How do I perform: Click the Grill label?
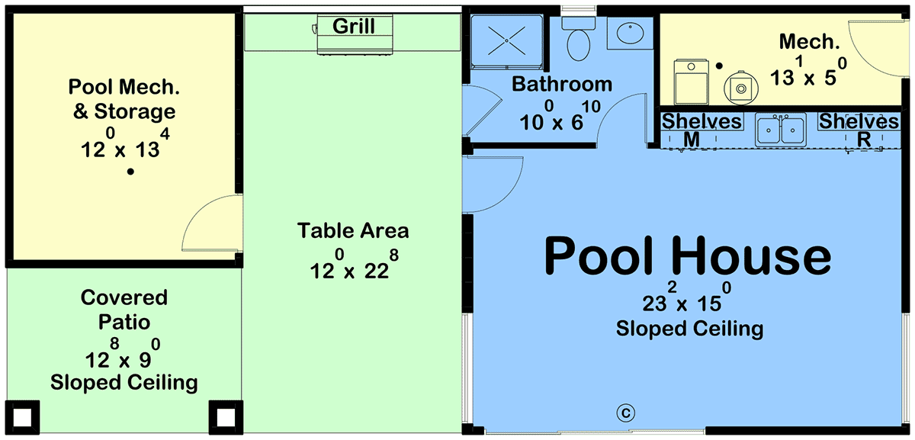pos(353,27)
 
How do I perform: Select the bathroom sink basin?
pos(630,32)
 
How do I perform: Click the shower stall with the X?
pos(506,41)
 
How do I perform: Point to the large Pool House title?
pos(688,255)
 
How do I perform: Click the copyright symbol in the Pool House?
pos(626,413)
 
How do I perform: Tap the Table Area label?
pos(353,231)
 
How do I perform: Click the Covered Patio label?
pos(124,310)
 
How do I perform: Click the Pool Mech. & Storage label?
pos(124,99)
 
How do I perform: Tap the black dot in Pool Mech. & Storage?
pos(130,172)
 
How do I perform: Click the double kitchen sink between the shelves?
pos(780,130)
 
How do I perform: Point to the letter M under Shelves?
pos(691,140)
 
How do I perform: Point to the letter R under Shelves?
pos(863,140)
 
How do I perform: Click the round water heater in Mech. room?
pos(741,88)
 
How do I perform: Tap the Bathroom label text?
pos(562,85)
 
